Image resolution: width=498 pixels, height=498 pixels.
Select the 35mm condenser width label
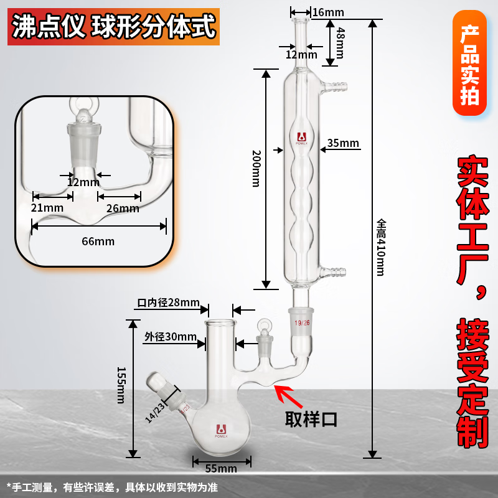pos(343,144)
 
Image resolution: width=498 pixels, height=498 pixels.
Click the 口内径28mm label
pos(167,303)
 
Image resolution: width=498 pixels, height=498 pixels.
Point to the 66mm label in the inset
pos(99,241)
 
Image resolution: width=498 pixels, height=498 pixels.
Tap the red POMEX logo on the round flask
pos(220,430)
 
